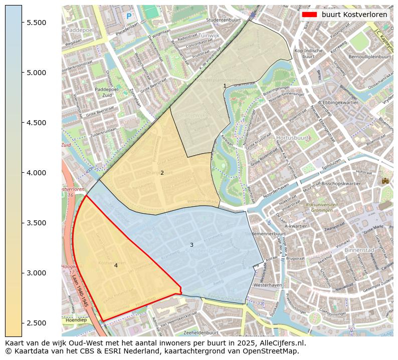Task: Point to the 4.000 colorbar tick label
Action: pyautogui.click(x=36, y=173)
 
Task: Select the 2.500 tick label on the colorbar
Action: pyautogui.click(x=36, y=323)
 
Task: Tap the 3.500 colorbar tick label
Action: pyautogui.click(x=36, y=223)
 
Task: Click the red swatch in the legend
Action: pyautogui.click(x=309, y=15)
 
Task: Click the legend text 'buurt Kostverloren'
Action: pyautogui.click(x=354, y=15)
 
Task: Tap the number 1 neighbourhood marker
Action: pyautogui.click(x=225, y=86)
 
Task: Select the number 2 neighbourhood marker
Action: pyautogui.click(x=162, y=173)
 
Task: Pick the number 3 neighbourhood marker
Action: pyautogui.click(x=191, y=245)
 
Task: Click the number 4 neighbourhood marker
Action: pyautogui.click(x=116, y=266)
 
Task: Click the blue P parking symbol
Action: pyautogui.click(x=129, y=17)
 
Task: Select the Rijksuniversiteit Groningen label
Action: pyautogui.click(x=319, y=208)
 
